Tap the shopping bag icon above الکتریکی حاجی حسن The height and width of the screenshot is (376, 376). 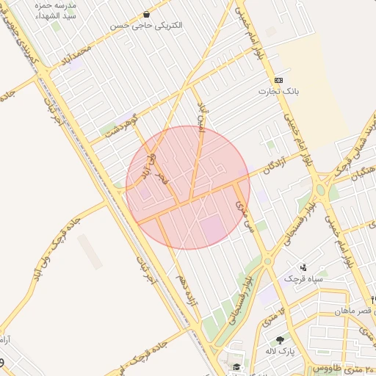(148, 14)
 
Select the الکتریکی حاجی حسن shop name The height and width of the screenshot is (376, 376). (148, 25)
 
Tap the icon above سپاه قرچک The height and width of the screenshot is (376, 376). (303, 267)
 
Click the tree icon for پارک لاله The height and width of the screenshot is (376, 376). (280, 339)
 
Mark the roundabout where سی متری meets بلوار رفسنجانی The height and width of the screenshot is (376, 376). (268, 261)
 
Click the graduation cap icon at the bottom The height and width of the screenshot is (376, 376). (236, 366)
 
